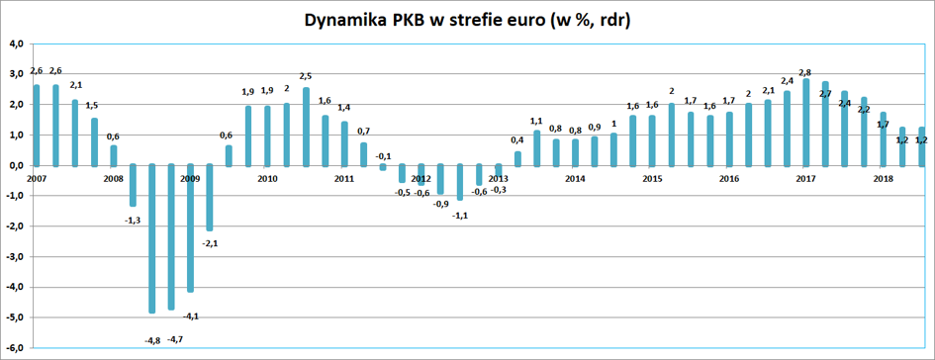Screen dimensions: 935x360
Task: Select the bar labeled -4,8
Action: (152, 238)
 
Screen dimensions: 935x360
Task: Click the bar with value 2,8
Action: (806, 122)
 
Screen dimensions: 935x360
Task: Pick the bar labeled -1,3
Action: (133, 185)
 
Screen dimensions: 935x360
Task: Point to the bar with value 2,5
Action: (306, 127)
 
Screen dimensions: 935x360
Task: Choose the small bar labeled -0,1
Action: (383, 167)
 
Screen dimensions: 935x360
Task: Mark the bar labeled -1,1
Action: (460, 182)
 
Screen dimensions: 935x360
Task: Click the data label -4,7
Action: (175, 340)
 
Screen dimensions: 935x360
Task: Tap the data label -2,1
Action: (210, 242)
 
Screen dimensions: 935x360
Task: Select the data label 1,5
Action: (91, 106)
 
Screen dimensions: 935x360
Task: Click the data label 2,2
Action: (864, 109)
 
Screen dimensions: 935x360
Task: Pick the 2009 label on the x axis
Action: (190, 179)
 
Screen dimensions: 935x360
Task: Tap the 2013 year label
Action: (498, 179)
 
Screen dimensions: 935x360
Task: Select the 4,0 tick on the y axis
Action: (16, 45)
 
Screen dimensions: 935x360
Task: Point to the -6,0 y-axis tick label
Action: (14, 348)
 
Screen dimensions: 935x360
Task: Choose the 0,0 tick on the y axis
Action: (16, 166)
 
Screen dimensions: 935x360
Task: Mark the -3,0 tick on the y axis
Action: (14, 257)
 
